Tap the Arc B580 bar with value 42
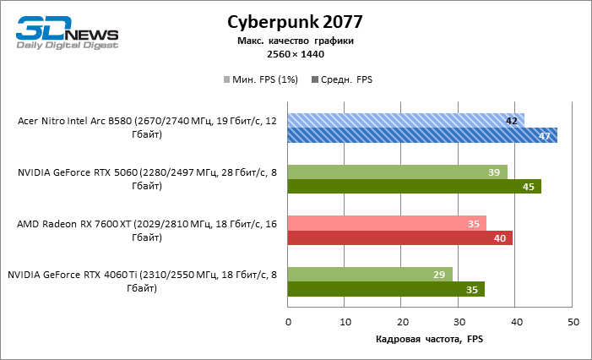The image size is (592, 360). coord(406,121)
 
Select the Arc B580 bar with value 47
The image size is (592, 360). coord(422,135)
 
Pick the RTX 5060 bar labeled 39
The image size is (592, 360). coord(398,172)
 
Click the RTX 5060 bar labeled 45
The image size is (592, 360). coord(415,187)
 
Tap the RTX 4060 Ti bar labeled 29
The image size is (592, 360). coord(370,274)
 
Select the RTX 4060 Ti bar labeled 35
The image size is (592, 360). coord(387,289)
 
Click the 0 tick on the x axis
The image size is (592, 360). coord(288,322)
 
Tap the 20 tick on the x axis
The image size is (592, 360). coord(402,322)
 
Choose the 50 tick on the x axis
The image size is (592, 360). coord(573,322)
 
